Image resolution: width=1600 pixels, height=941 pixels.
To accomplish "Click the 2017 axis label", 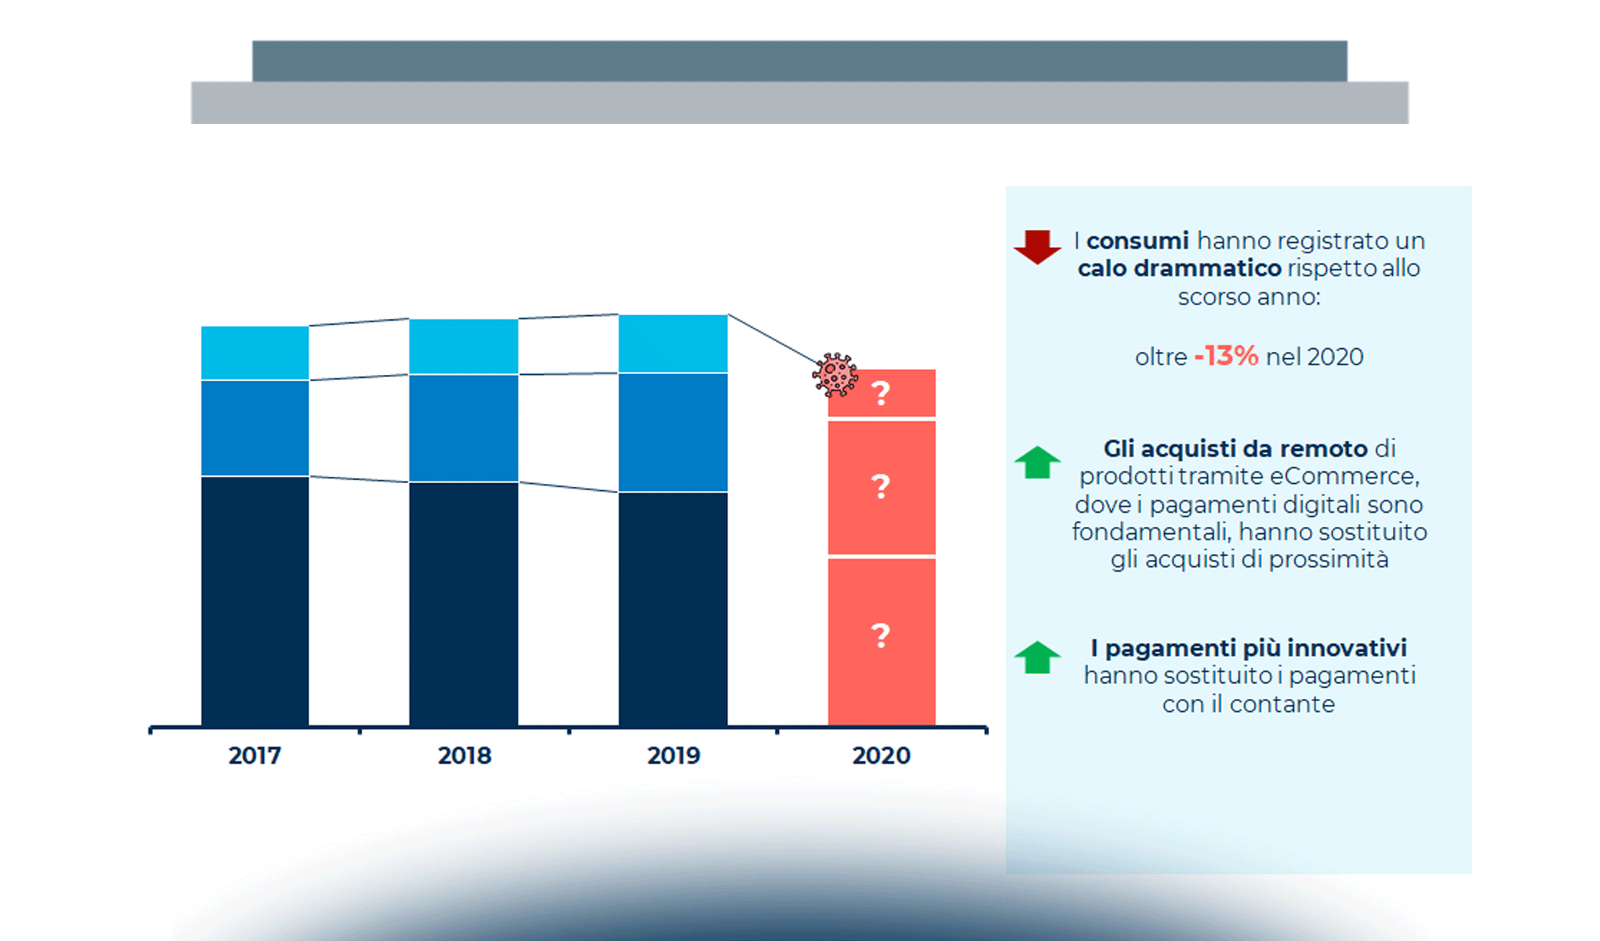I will click(x=254, y=755).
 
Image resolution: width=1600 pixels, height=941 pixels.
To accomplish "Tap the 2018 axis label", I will click(x=464, y=755).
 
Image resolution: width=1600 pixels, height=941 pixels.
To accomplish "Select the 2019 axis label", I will click(x=673, y=755).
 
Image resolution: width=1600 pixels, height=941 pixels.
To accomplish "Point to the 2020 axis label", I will click(x=881, y=755).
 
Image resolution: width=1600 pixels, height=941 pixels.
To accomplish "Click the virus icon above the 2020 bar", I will click(x=835, y=375).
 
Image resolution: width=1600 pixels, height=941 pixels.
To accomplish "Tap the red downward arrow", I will click(x=1037, y=246).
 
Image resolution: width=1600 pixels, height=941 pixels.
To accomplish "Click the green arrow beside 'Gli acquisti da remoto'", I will click(x=1037, y=462).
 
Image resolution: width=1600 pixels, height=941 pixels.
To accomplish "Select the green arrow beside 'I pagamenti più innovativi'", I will click(x=1037, y=657).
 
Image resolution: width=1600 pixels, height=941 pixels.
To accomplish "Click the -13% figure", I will click(x=1226, y=356).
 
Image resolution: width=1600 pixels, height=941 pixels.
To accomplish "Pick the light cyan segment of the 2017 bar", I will click(x=255, y=353).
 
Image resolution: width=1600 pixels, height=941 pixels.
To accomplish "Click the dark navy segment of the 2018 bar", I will click(x=464, y=604).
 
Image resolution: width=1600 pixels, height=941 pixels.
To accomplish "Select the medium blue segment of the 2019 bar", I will click(x=673, y=432).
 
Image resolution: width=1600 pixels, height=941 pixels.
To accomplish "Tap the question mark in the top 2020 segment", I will click(x=881, y=393).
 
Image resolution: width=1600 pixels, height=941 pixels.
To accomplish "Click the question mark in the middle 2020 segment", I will click(x=881, y=487).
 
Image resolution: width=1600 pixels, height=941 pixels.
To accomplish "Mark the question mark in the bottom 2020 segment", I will click(x=881, y=635).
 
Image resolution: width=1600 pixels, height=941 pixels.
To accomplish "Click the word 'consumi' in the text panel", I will click(x=1137, y=241).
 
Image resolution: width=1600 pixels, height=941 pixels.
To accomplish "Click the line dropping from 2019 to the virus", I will click(x=773, y=340).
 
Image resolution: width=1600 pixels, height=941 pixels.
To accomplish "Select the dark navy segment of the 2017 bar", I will click(x=255, y=601).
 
